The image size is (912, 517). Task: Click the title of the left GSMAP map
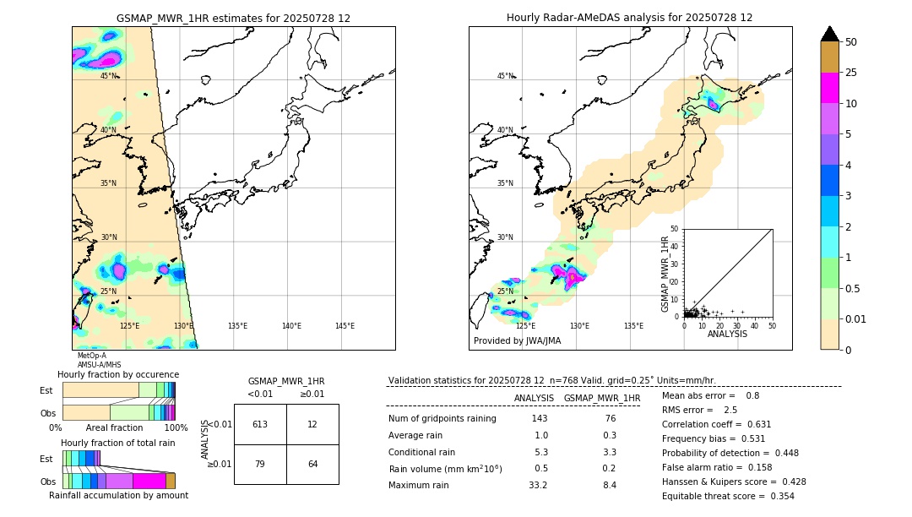point(233,18)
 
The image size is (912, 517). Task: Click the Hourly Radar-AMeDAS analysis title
point(629,18)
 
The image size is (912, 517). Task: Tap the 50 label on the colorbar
point(851,42)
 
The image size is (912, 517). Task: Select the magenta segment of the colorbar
point(829,88)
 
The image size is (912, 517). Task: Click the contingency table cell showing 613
point(260,424)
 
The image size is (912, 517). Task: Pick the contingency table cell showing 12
point(312,424)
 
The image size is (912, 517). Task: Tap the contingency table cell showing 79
point(260,464)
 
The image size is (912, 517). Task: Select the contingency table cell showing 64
point(312,464)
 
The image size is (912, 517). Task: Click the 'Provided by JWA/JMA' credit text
point(517,341)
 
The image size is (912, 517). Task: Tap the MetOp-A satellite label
point(92,356)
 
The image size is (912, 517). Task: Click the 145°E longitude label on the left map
point(345,326)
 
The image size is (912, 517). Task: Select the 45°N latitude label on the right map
point(505,76)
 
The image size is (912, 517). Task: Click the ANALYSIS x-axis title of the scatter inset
point(727,334)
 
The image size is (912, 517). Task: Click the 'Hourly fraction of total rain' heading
point(118,443)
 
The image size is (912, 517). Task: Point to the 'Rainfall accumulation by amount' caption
point(118,496)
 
